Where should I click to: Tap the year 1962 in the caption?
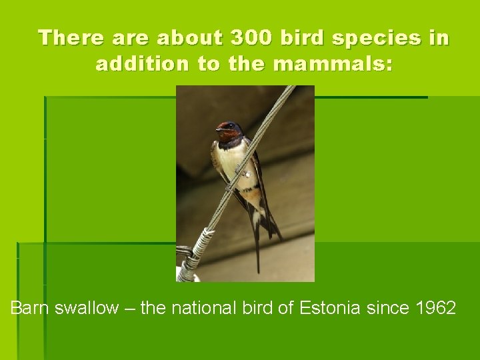pyautogui.click(x=436, y=308)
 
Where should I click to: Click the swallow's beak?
pyautogui.click(x=217, y=129)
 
